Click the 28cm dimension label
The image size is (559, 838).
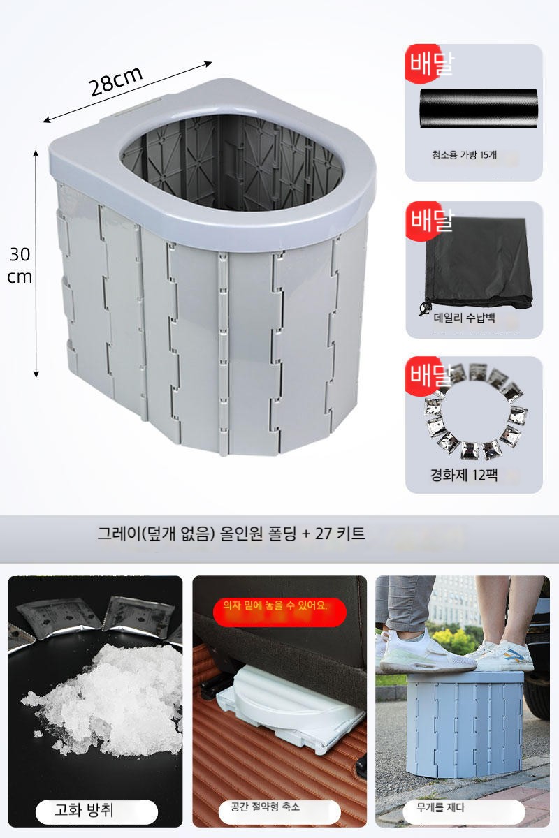[116, 81]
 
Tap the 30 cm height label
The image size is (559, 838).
[20, 265]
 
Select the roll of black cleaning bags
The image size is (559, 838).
[479, 108]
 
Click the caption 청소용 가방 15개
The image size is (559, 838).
[464, 154]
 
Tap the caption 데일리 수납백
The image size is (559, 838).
[464, 318]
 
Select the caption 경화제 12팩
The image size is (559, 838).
[463, 475]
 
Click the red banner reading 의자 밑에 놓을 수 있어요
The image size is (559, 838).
[279, 612]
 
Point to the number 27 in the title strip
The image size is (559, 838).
[324, 534]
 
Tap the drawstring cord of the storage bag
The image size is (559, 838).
[425, 305]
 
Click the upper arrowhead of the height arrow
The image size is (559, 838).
[36, 153]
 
